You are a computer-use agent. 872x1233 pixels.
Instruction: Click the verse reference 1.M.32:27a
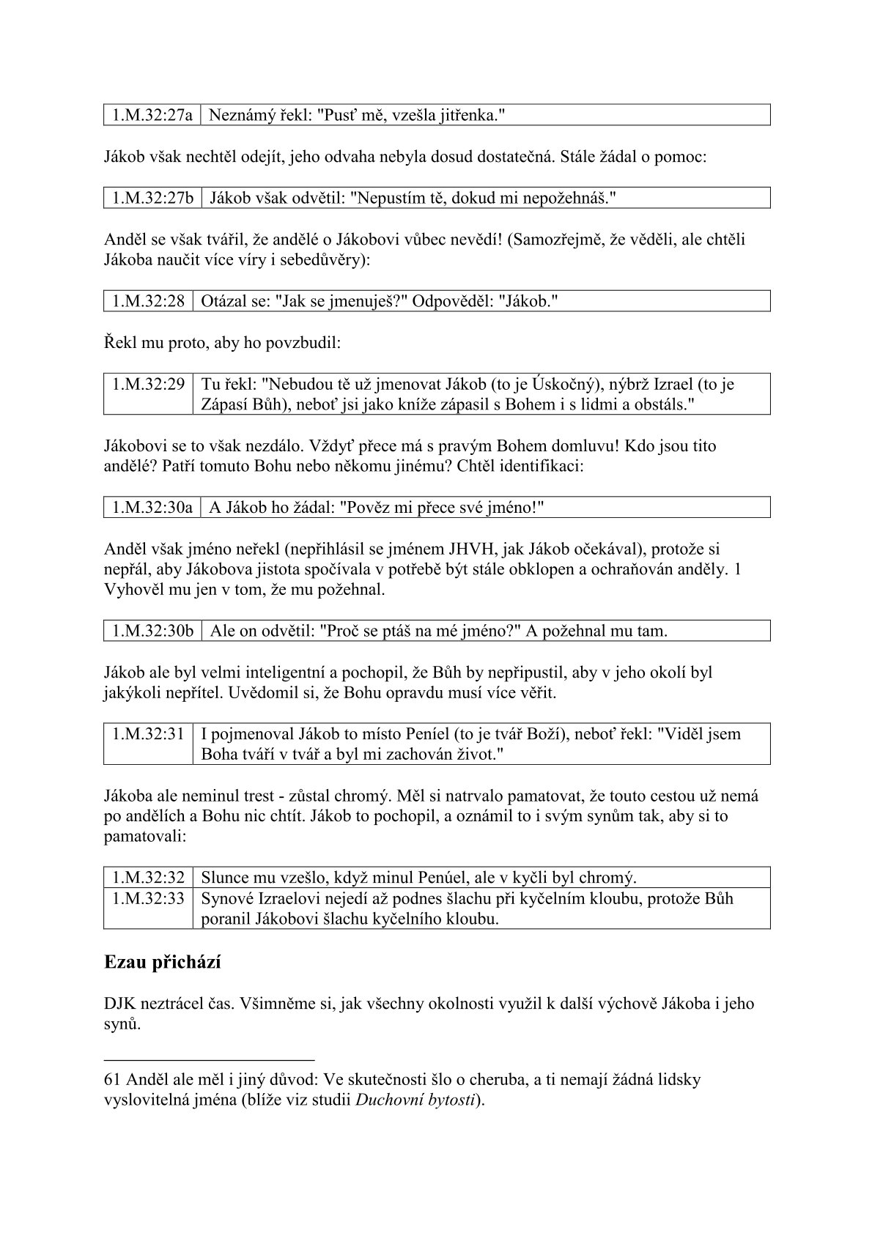pos(152,115)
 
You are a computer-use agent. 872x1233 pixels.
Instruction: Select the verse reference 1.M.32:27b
pos(152,198)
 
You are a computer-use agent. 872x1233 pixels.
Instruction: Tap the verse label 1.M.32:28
pos(148,301)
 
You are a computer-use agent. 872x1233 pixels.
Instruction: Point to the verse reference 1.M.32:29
pos(148,384)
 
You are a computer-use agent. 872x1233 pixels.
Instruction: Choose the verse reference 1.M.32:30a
pos(152,508)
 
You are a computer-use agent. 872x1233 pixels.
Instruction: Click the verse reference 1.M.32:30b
pos(152,631)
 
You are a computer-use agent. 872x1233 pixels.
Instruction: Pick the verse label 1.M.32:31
pos(148,734)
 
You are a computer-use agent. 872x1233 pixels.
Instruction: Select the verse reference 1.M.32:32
pos(148,878)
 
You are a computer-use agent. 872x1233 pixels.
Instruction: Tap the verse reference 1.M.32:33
pos(148,898)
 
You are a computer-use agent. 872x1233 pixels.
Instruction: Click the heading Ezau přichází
pos(163,963)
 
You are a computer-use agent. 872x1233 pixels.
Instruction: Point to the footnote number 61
pos(113,1079)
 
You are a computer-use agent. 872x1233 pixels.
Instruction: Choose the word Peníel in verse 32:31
pos(421,734)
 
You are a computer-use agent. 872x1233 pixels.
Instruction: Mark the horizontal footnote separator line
pos(209,1059)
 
